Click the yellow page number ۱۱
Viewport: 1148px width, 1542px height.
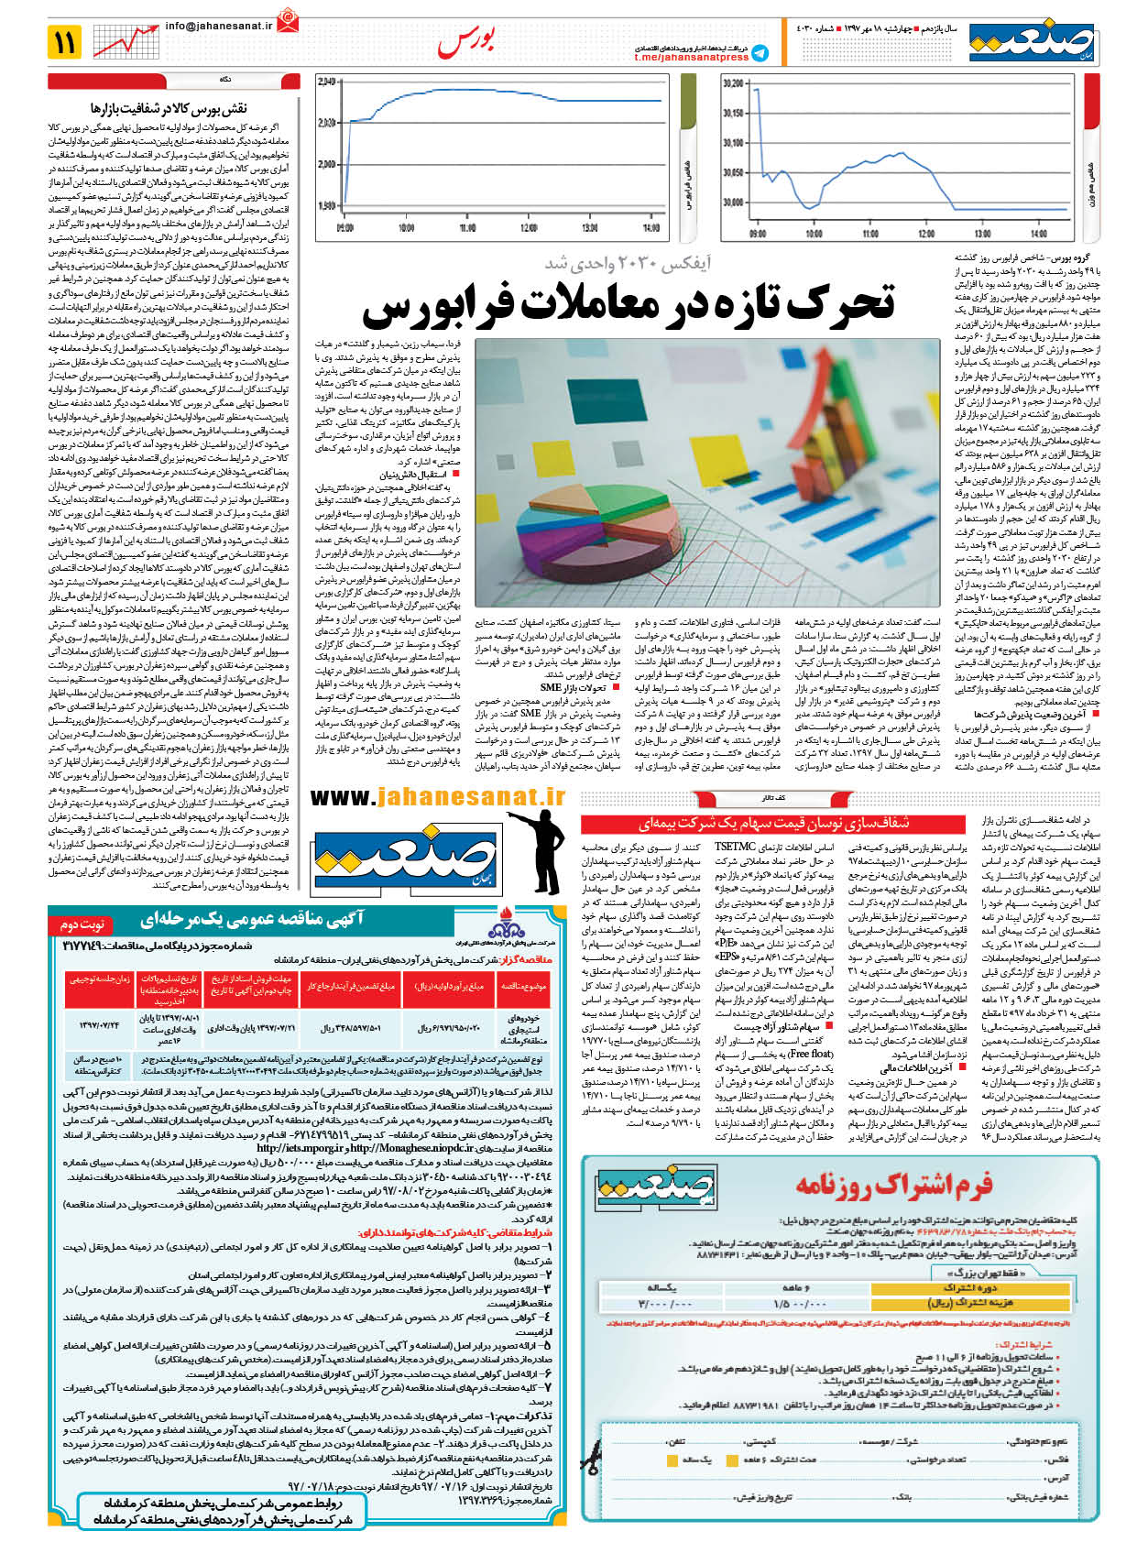(67, 41)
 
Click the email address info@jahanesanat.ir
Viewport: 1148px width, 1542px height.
(220, 26)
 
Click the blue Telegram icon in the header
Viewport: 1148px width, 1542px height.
(760, 53)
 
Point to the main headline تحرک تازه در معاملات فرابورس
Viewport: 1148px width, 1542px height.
(629, 305)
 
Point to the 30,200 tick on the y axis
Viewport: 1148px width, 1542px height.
(733, 83)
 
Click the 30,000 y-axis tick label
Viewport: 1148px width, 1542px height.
(733, 202)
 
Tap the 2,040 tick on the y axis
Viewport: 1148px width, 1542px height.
(326, 82)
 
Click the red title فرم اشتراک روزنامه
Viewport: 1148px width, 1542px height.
(893, 1186)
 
